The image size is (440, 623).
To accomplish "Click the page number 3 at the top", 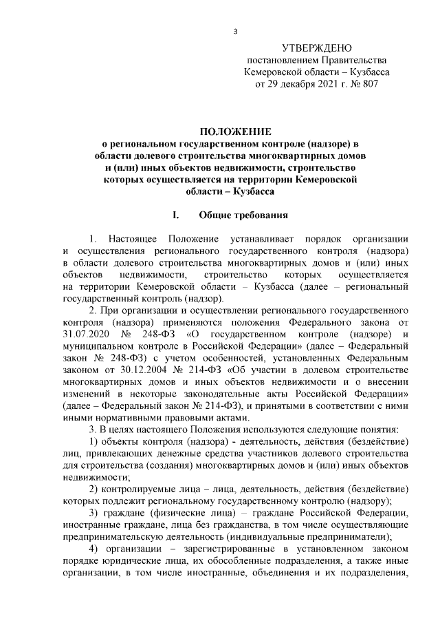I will pyautogui.click(x=235, y=31).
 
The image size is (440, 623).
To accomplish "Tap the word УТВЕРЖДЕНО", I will pyautogui.click(x=316, y=48).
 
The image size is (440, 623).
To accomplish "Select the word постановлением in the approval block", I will pyautogui.click(x=286, y=61).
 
